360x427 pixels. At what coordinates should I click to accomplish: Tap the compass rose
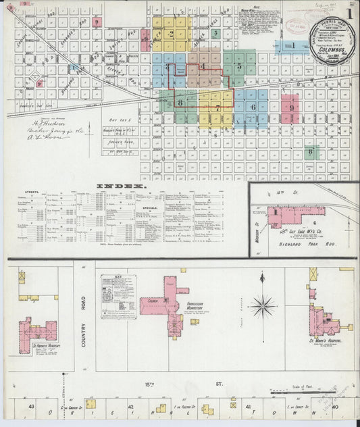[262, 305]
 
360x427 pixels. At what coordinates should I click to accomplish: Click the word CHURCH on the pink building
[150, 301]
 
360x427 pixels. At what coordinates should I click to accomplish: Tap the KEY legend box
[118, 295]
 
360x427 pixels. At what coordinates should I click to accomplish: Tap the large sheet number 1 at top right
[351, 12]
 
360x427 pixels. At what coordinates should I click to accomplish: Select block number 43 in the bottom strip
[32, 406]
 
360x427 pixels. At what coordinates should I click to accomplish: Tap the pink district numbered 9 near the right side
[290, 107]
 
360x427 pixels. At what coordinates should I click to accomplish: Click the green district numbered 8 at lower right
[311, 152]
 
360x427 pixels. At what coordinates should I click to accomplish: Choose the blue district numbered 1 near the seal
[293, 46]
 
